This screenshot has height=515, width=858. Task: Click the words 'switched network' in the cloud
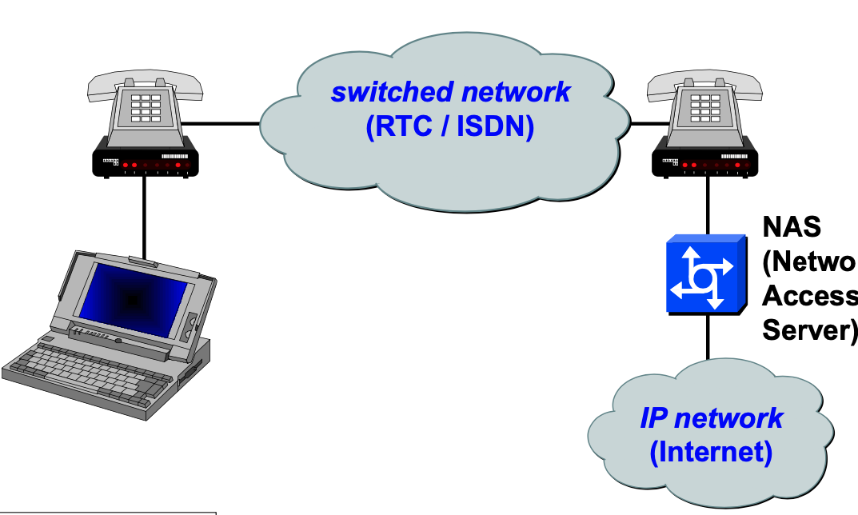pyautogui.click(x=450, y=92)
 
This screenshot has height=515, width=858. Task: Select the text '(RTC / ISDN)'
pyautogui.click(x=449, y=127)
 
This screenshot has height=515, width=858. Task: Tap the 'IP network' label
pyautogui.click(x=711, y=417)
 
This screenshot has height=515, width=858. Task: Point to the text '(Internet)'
pyautogui.click(x=711, y=453)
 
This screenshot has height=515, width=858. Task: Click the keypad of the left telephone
pyautogui.click(x=146, y=107)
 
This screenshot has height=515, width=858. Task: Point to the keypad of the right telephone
pyautogui.click(x=705, y=107)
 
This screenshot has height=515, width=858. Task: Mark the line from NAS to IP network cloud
pyautogui.click(x=707, y=336)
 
